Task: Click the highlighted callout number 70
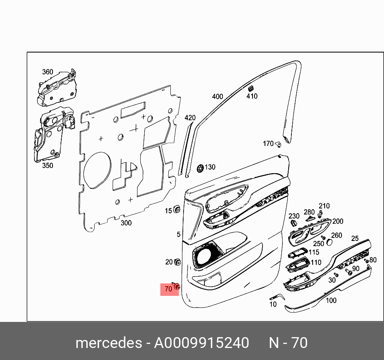pos(168,288)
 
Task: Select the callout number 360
pos(48,72)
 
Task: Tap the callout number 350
pos(48,165)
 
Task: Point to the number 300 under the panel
pos(126,223)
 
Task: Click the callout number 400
pos(217,97)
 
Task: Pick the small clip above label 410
pos(251,88)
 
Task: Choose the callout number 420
pos(190,118)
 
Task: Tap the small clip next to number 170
pos(279,144)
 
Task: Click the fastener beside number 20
pos(177,263)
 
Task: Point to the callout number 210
pos(324,206)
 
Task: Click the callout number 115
pos(314,252)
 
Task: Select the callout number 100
pos(331,300)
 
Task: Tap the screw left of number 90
pos(348,272)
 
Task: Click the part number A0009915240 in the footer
pos(202,343)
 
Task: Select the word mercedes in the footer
pos(108,343)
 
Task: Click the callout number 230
pos(294,216)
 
